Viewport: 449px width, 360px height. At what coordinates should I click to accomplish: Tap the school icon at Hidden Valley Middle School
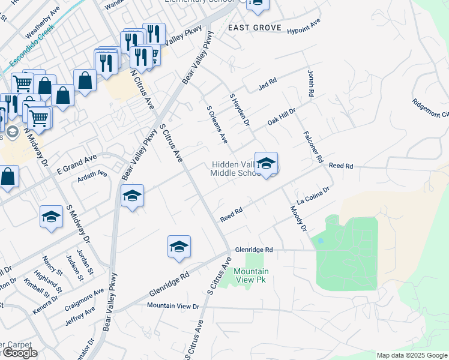[266, 163]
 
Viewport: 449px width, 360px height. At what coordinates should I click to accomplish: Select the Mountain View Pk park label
[251, 275]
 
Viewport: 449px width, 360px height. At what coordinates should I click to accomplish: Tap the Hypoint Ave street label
[304, 27]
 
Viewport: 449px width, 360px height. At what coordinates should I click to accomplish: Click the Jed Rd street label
[267, 83]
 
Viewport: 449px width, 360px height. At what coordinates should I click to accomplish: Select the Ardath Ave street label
[92, 176]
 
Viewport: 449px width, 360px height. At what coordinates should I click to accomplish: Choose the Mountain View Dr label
[173, 306]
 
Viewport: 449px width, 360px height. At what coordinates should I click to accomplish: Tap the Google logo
[20, 353]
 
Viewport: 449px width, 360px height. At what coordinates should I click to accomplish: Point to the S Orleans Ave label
[217, 124]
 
